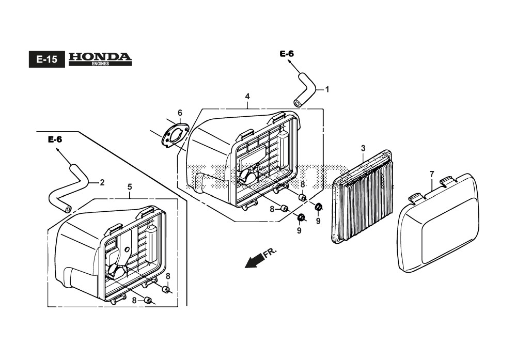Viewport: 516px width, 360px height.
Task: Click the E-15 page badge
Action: [x=46, y=59]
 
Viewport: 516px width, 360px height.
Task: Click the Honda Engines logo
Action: [x=100, y=58]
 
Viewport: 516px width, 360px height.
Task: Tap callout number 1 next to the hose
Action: [x=327, y=89]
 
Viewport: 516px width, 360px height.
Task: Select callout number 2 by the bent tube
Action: [x=102, y=182]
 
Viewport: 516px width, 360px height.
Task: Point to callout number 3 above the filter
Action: [x=363, y=149]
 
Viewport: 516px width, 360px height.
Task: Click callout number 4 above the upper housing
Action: [x=247, y=97]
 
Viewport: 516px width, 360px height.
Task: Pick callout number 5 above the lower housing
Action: [x=130, y=187]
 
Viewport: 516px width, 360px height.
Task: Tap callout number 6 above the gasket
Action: [x=180, y=113]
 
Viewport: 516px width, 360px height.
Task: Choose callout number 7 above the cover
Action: [x=432, y=174]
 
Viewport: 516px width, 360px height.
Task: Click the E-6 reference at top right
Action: [x=287, y=54]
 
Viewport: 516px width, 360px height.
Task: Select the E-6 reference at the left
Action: [x=55, y=139]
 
